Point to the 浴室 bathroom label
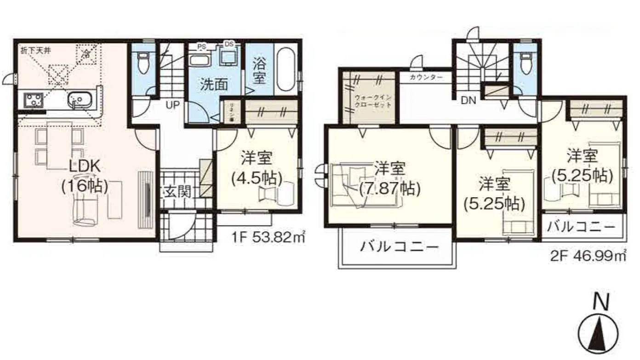point(259,71)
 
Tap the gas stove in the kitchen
point(33,98)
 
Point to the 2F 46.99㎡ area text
point(588,255)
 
